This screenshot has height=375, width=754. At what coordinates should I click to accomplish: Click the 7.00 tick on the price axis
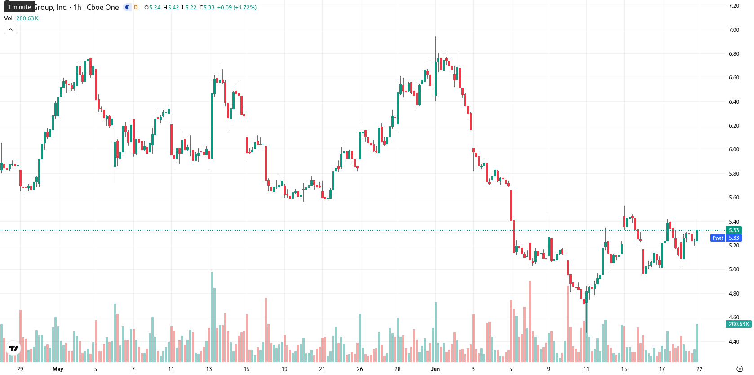tap(734, 30)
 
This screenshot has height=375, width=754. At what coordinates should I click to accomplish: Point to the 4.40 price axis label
tap(734, 342)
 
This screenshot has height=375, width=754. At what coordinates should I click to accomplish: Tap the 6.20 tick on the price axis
tap(734, 126)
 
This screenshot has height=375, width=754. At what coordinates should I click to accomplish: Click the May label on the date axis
tap(58, 369)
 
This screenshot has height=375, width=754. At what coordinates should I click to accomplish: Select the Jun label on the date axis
tap(435, 369)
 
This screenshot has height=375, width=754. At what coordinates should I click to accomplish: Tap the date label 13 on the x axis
tap(209, 369)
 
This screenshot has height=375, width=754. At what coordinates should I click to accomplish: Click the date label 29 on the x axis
tap(20, 369)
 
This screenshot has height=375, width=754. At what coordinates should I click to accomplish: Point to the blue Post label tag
tap(718, 238)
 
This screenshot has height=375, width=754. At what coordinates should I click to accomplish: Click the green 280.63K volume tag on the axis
tap(739, 324)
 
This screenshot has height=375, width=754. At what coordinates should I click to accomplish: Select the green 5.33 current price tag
tap(734, 230)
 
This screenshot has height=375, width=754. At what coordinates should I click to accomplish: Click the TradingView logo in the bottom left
tap(13, 348)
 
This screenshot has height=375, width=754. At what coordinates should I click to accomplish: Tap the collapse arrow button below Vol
tap(10, 30)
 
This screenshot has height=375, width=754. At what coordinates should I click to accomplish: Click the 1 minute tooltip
tap(19, 7)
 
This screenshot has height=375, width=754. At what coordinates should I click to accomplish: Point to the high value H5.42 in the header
tap(171, 7)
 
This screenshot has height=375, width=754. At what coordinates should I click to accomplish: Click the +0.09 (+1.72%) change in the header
tap(237, 7)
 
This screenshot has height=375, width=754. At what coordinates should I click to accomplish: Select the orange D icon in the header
tap(136, 7)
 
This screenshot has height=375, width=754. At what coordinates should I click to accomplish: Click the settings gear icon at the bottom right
tap(740, 369)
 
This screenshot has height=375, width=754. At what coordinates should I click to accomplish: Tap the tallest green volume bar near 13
tap(212, 317)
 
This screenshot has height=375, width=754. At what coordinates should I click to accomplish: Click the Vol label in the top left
tap(8, 18)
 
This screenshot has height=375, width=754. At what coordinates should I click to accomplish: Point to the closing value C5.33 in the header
tap(207, 7)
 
